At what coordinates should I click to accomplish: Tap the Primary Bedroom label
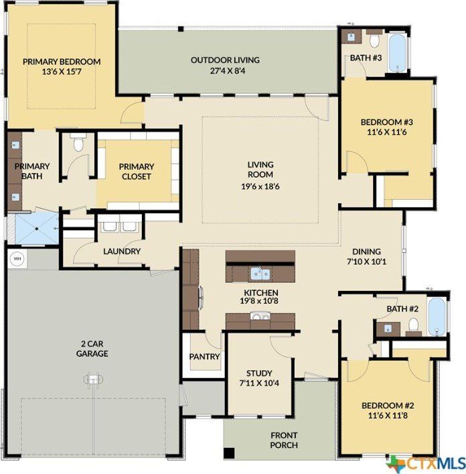(x=62, y=62)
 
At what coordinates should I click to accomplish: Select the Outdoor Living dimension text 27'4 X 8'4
(x=225, y=70)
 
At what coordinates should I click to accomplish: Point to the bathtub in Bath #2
(x=437, y=316)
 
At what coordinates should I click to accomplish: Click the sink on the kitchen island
(x=259, y=273)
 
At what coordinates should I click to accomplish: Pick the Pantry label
(x=204, y=357)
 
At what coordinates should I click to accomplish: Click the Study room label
(x=258, y=373)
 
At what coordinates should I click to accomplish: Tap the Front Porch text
(x=284, y=440)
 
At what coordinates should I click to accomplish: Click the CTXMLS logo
(x=425, y=462)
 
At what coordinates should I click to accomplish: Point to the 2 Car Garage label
(x=92, y=349)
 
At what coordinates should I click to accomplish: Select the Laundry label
(x=122, y=251)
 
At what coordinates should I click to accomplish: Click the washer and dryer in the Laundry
(x=119, y=227)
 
